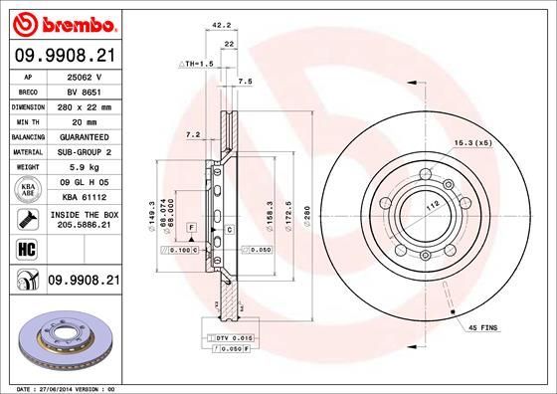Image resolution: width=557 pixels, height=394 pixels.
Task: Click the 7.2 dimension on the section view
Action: (193, 133)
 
